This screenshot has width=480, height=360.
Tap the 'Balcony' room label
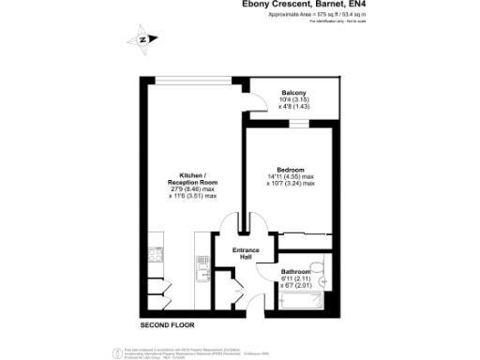293,92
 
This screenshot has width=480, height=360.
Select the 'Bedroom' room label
290,170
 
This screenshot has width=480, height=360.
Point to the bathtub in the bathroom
300,300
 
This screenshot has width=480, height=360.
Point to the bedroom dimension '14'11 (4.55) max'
290,177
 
